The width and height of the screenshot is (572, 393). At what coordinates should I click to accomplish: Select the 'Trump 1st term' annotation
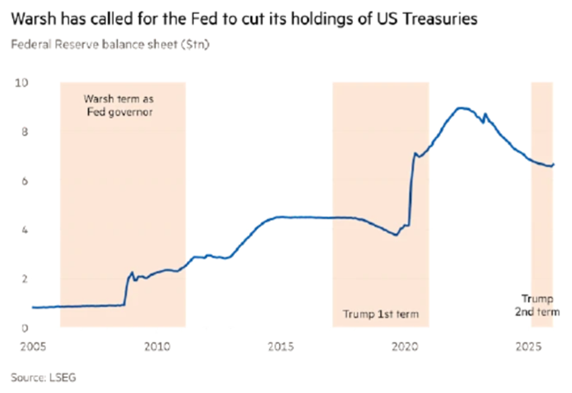pyautogui.click(x=381, y=314)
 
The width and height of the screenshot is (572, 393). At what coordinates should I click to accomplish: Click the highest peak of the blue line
pyautogui.click(x=460, y=107)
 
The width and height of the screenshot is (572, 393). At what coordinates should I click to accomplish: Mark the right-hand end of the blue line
pyautogui.click(x=554, y=164)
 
